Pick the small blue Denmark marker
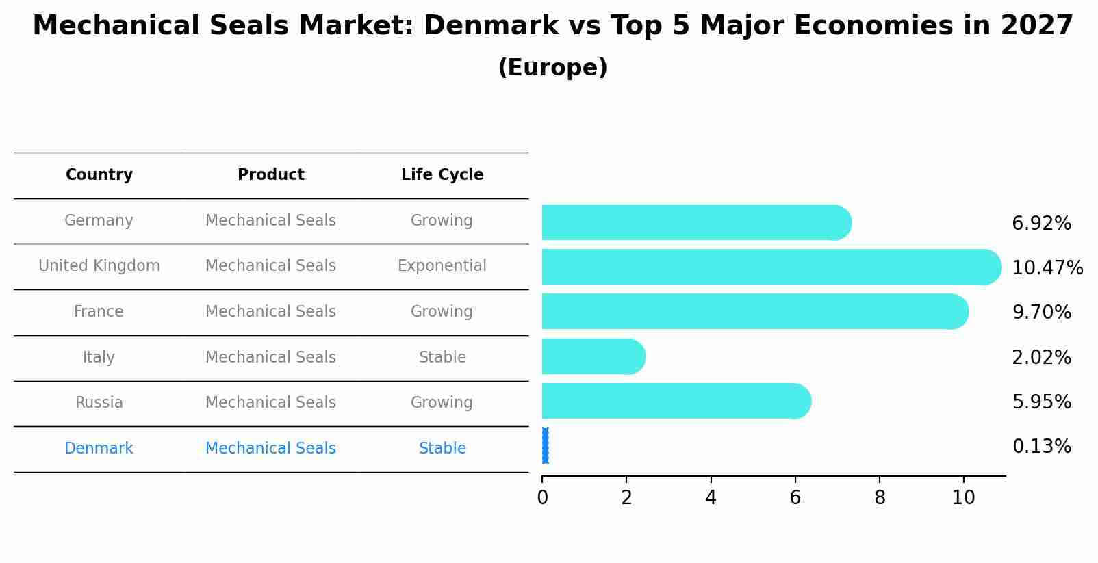[x=545, y=446]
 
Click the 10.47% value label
[x=1047, y=267]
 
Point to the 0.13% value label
[x=1041, y=447]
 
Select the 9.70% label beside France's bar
[x=1041, y=313]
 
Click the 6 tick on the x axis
[x=795, y=498]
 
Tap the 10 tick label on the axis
[x=963, y=498]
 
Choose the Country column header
[x=99, y=175]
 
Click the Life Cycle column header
[x=442, y=175]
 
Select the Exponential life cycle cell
[x=442, y=266]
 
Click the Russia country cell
[x=99, y=403]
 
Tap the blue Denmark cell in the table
[x=99, y=449]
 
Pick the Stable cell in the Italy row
[x=442, y=358]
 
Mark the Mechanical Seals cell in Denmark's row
[x=270, y=449]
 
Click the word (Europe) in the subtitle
[x=552, y=68]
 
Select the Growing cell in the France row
[x=442, y=312]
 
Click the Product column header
[x=270, y=175]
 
